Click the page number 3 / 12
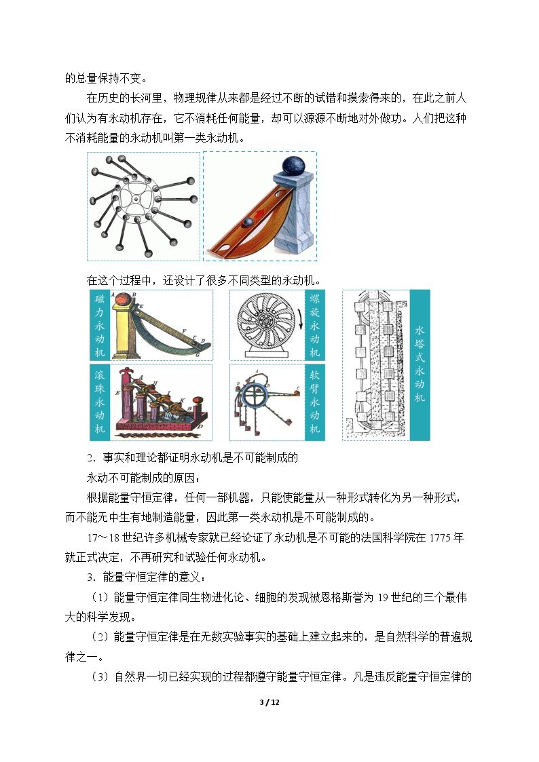(269, 702)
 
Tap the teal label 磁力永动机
(100, 325)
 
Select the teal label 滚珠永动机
(100, 402)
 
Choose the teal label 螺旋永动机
(314, 325)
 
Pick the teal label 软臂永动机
(314, 402)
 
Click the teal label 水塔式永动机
(420, 365)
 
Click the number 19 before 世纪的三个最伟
(383, 597)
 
